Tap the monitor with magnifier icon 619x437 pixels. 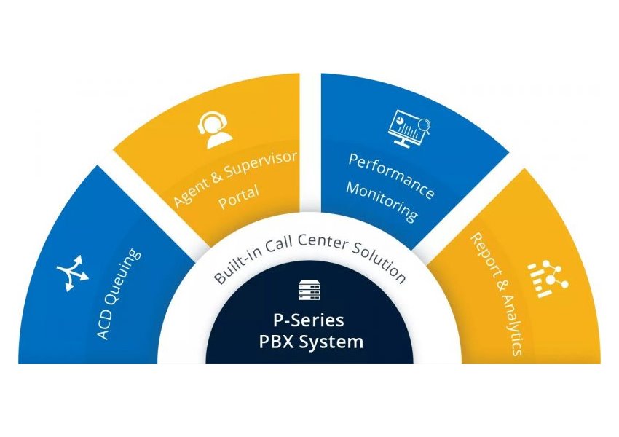411,127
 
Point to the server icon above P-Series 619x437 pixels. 309,291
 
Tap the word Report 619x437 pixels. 486,256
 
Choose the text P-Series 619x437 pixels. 309,320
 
